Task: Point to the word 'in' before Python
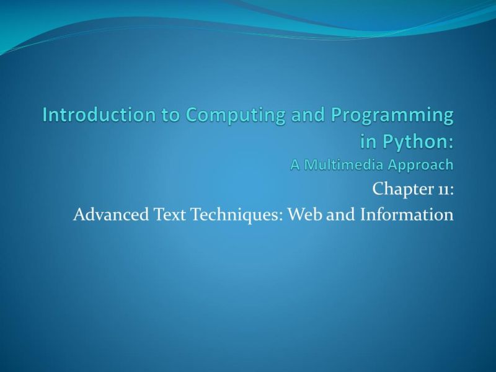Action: click(368, 141)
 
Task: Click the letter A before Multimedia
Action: click(295, 165)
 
